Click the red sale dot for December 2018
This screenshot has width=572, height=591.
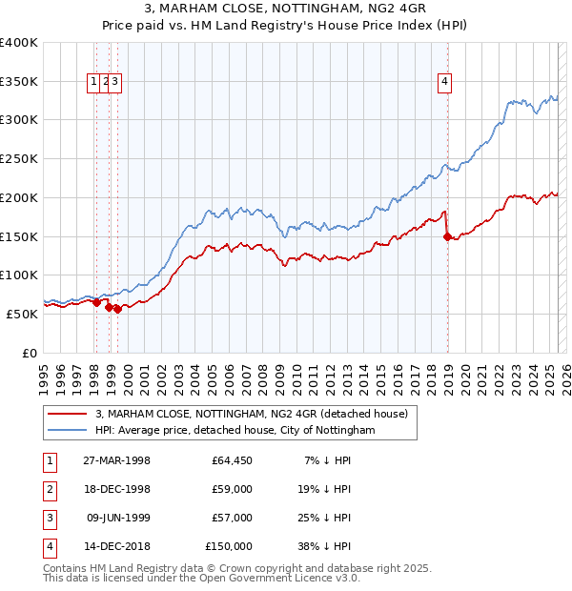point(448,237)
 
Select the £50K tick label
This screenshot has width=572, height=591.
point(23,314)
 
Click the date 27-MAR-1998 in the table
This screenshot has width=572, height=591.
point(116,461)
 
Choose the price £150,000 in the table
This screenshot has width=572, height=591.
point(229,547)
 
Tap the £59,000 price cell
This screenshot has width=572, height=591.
point(232,490)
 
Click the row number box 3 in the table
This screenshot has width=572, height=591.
point(49,519)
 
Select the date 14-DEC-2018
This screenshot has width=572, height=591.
point(116,547)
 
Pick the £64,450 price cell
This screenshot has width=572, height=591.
point(232,461)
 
